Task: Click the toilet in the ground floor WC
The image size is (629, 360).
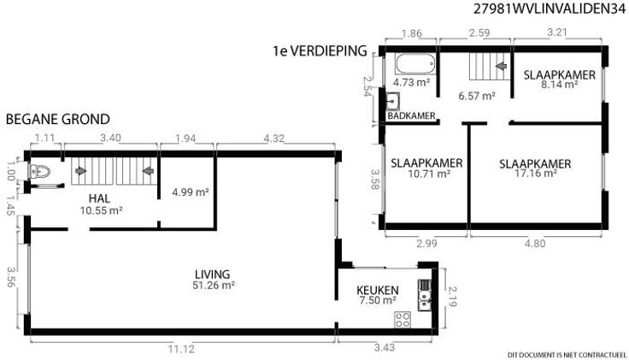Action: (39, 172)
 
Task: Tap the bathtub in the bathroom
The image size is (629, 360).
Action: (415, 63)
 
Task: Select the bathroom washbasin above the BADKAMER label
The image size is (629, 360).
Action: (393, 101)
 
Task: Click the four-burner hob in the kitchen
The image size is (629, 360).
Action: (403, 320)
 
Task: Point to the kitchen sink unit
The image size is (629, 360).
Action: (425, 295)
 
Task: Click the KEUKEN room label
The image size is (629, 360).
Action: (378, 290)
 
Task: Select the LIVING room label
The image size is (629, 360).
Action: (213, 274)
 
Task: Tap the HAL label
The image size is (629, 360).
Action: (99, 198)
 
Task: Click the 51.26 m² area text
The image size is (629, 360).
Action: (214, 285)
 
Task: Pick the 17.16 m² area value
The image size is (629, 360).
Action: (536, 173)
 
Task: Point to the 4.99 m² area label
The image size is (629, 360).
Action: (191, 192)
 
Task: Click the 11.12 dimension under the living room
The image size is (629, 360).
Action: (181, 349)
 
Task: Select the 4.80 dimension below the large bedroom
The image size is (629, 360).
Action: (535, 243)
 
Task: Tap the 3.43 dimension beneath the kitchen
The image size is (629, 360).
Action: (385, 347)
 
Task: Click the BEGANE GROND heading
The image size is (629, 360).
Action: (58, 119)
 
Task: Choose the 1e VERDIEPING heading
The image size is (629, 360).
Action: (320, 51)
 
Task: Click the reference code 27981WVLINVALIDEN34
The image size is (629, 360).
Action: (550, 9)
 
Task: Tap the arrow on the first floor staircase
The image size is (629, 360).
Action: (501, 66)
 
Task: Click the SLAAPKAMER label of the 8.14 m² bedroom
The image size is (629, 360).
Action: (559, 75)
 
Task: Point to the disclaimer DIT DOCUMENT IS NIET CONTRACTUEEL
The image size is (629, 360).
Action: (567, 355)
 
